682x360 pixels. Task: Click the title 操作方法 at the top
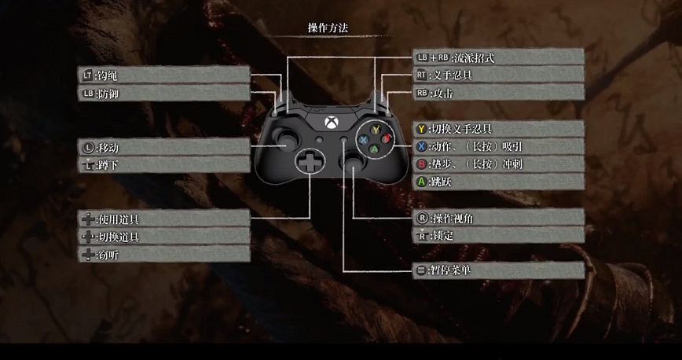(x=328, y=28)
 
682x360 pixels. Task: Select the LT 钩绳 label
(x=163, y=75)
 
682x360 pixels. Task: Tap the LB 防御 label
(x=163, y=94)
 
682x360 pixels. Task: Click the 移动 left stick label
(x=163, y=147)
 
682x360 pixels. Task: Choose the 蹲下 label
(x=163, y=165)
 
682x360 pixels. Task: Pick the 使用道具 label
(x=163, y=219)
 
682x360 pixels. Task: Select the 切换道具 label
(x=163, y=237)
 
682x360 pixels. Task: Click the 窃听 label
(x=163, y=255)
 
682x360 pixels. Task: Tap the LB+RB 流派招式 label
(x=498, y=57)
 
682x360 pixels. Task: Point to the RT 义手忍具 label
(x=498, y=75)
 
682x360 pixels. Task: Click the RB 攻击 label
(x=498, y=94)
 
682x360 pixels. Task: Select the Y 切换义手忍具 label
(x=498, y=128)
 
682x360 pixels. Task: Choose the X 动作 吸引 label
(x=498, y=146)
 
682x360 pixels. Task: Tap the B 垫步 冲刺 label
(x=498, y=164)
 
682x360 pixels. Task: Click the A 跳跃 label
(x=498, y=182)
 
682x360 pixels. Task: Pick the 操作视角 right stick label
(x=498, y=218)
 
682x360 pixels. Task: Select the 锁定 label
(x=498, y=235)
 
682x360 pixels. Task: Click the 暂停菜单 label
(x=498, y=270)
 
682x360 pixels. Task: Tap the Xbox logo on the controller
(x=328, y=122)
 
